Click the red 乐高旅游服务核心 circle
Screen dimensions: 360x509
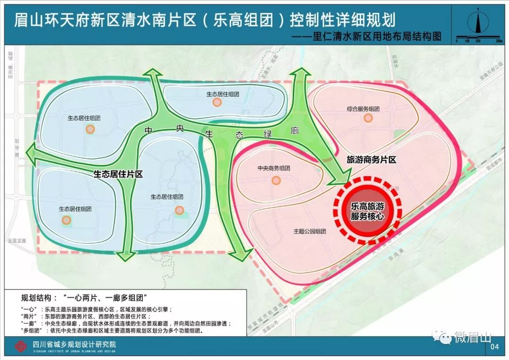(367, 211)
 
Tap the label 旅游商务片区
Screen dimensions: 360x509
(371, 160)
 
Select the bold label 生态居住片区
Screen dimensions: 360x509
(118, 174)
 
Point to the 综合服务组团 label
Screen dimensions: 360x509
(363, 109)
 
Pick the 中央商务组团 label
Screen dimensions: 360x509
(273, 168)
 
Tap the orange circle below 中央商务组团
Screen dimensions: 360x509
(276, 180)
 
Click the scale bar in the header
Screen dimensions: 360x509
(478, 40)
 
